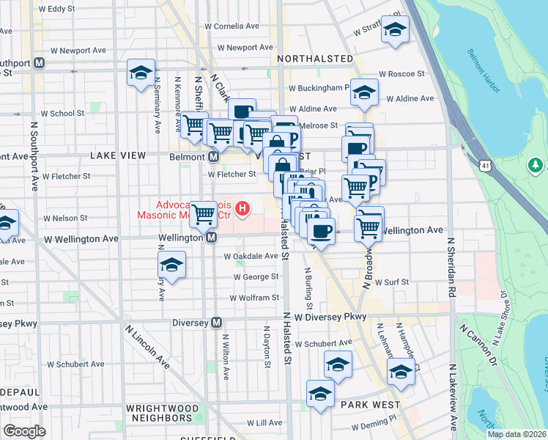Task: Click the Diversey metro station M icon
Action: pos(217,322)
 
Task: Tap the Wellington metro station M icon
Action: pos(211,238)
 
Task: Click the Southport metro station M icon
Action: pos(38,63)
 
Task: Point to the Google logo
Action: pos(25,431)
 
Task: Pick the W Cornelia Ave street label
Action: pos(233,26)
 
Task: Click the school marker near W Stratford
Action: pos(396,30)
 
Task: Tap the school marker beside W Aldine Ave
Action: pos(363,92)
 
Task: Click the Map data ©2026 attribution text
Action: pos(516,434)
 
